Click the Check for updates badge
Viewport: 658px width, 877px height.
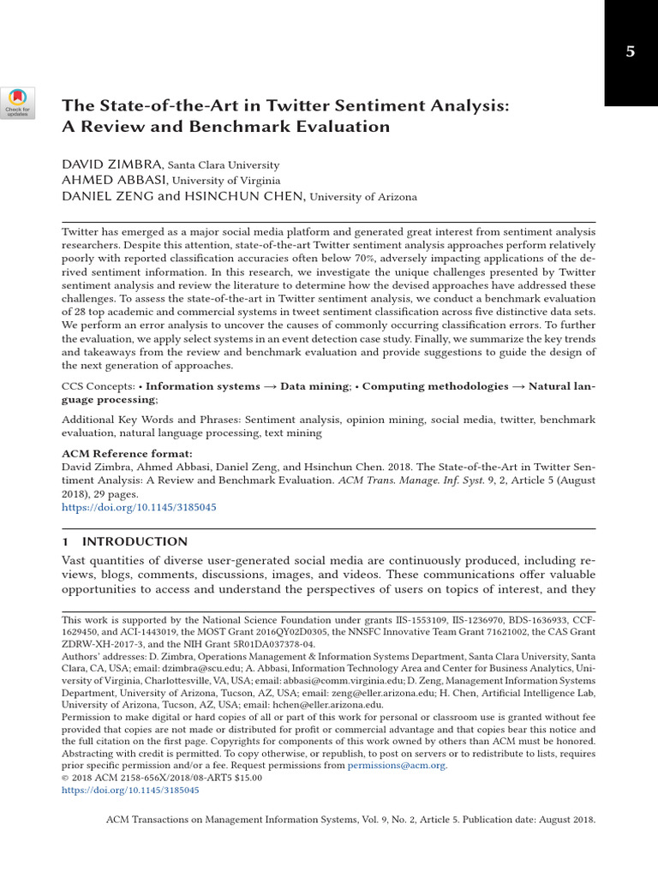tap(18, 102)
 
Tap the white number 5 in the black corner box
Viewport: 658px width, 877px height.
tap(630, 51)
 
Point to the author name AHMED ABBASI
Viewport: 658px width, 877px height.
tap(115, 180)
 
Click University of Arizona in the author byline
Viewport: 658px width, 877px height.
tap(363, 197)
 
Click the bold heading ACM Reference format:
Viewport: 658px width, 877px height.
tap(127, 453)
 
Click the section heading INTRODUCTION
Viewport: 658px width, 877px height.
tap(134, 541)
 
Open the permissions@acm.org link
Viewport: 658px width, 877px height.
tap(397, 766)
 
